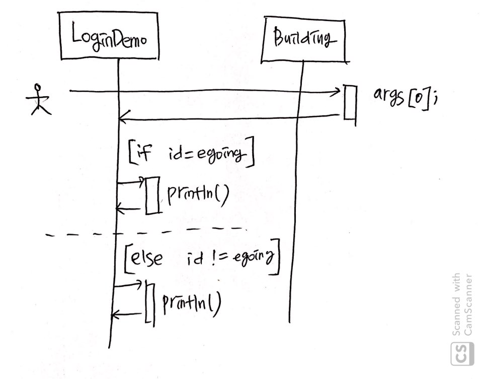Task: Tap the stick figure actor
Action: (38, 100)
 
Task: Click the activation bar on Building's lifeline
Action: (350, 102)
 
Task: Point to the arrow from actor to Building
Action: (201, 91)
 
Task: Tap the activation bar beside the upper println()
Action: (152, 195)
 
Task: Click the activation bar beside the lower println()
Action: (149, 302)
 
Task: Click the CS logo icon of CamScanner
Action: (462, 353)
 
